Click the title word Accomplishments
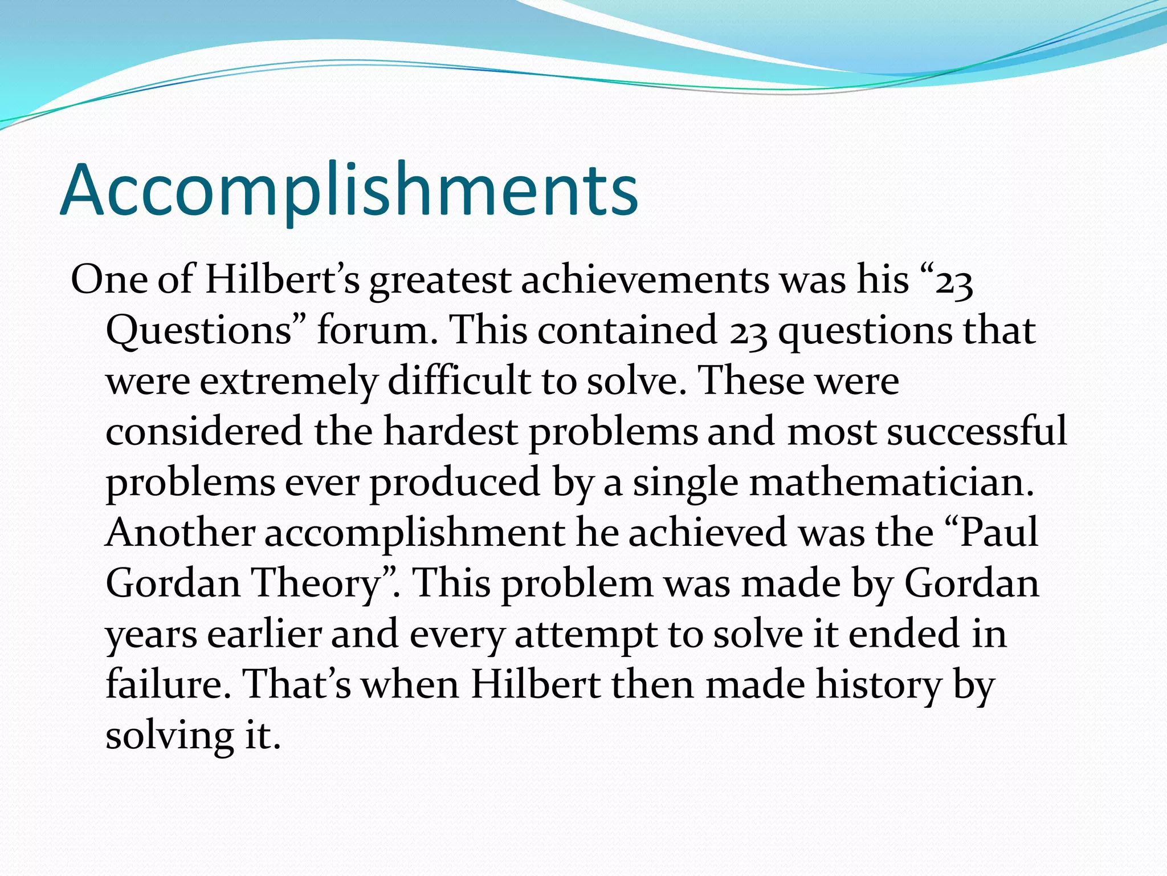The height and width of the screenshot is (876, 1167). click(x=349, y=191)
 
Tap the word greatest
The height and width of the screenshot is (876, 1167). click(x=440, y=281)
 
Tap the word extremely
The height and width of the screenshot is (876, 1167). click(x=288, y=382)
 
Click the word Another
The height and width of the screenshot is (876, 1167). click(x=180, y=532)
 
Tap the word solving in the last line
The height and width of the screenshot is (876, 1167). click(x=169, y=735)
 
